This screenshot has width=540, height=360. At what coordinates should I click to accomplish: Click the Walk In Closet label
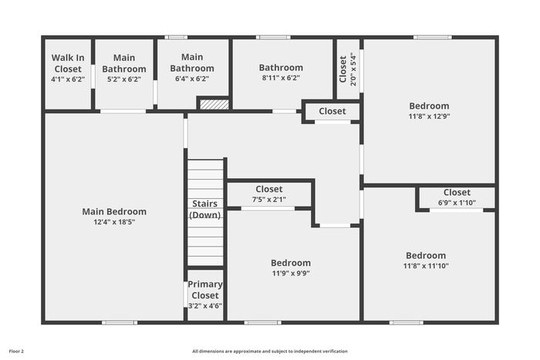[68, 63]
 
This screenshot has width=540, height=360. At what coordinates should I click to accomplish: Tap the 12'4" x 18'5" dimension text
[114, 222]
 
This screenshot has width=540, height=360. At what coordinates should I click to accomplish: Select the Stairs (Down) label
[205, 209]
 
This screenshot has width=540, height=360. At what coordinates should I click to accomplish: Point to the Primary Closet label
[205, 290]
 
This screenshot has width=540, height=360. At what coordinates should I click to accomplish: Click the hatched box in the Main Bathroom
[214, 105]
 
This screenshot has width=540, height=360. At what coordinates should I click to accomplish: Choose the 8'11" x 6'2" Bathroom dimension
[281, 78]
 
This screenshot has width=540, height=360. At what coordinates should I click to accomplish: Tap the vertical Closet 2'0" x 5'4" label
[348, 69]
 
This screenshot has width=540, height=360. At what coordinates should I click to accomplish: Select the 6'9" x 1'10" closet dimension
[457, 203]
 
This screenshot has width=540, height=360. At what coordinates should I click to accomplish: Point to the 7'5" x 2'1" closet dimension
[269, 200]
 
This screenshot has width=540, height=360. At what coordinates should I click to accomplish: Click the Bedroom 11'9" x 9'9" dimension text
[291, 273]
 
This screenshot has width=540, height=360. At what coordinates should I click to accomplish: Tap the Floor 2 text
[16, 352]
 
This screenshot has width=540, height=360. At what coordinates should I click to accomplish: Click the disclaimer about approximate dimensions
[270, 352]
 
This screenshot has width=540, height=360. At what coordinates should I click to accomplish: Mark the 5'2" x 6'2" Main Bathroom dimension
[124, 79]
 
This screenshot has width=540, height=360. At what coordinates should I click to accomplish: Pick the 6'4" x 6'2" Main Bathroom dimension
[192, 79]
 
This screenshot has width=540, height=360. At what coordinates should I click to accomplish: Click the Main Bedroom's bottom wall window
[120, 322]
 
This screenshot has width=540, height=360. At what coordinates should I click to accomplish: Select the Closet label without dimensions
[332, 111]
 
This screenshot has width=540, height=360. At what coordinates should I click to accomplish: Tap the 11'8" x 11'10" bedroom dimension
[426, 266]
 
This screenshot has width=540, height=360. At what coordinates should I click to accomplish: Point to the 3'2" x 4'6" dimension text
[205, 305]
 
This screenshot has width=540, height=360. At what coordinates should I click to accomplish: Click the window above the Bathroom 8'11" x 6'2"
[273, 37]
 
